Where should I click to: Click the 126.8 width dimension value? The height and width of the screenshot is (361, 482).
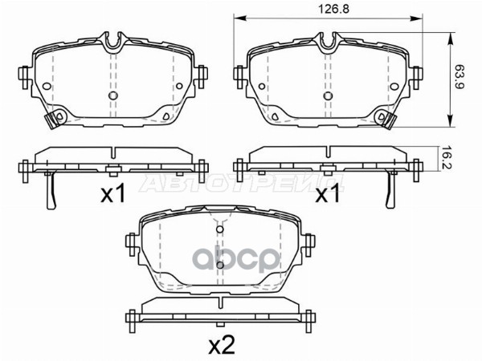tap(333, 9)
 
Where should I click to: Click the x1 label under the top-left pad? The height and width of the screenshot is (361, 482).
tap(113, 193)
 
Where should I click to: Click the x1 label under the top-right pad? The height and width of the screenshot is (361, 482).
tap(328, 193)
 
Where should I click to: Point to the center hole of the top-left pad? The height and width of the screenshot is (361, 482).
tap(113, 95)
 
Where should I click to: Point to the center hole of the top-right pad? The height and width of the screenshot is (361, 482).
tap(328, 95)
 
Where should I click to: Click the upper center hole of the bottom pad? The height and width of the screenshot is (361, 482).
tap(219, 229)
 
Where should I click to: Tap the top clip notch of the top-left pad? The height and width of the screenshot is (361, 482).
tap(113, 43)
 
